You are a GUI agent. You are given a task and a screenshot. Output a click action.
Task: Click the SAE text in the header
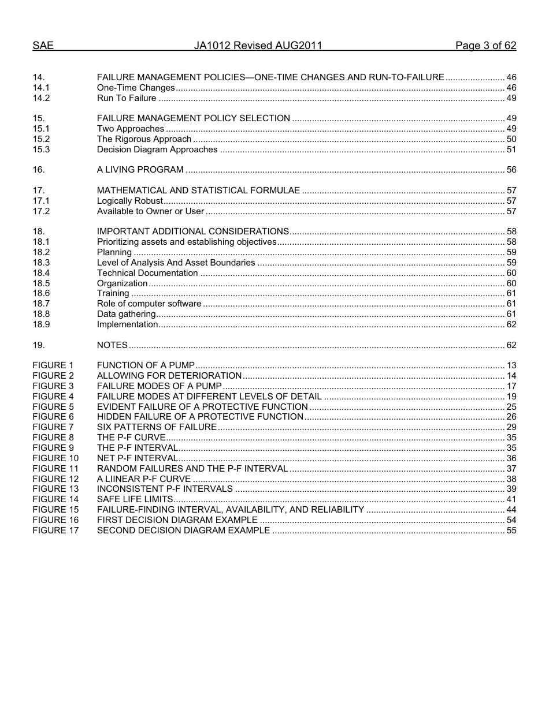(43, 46)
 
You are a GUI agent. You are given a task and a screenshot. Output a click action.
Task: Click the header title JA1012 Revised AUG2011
(258, 46)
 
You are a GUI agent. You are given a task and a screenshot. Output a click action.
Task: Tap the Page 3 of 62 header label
(485, 46)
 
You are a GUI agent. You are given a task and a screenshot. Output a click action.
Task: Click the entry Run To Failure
(127, 98)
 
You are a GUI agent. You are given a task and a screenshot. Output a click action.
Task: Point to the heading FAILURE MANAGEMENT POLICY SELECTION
(193, 118)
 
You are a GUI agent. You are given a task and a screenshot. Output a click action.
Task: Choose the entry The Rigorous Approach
(144, 139)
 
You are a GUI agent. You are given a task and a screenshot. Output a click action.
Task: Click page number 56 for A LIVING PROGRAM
(511, 170)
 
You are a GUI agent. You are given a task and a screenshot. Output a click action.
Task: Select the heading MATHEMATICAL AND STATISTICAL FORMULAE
(198, 190)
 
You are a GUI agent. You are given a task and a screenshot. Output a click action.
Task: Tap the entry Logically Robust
(129, 201)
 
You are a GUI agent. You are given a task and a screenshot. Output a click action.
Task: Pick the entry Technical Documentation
(147, 273)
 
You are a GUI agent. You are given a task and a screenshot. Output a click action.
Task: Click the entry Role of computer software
(149, 304)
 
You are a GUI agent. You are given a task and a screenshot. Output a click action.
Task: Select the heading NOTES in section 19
(112, 345)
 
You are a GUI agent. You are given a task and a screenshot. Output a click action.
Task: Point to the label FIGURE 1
(53, 365)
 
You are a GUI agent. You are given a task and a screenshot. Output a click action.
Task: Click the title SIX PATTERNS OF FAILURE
(157, 427)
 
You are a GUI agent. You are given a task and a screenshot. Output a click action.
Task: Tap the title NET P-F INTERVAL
(138, 458)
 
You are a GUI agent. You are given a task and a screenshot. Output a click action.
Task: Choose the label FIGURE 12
(55, 479)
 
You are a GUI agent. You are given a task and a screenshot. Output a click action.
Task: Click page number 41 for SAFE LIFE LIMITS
(511, 499)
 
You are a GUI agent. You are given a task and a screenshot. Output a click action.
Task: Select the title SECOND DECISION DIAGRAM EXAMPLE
(183, 530)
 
